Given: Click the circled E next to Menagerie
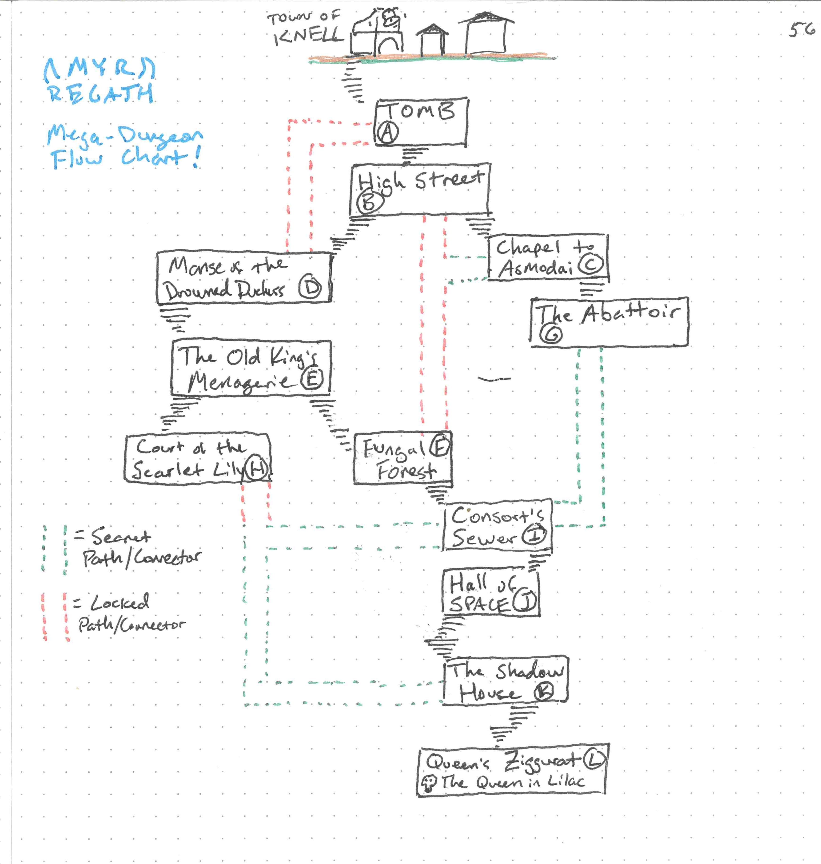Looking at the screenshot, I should tap(312, 379).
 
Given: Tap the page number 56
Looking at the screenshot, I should tap(802, 30).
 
